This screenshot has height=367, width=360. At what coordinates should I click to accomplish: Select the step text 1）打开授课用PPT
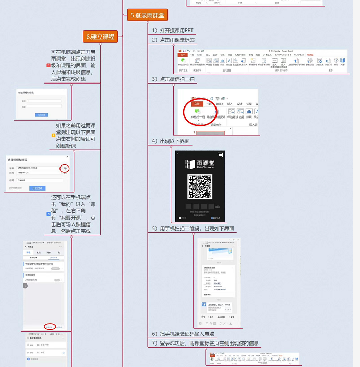(172, 30)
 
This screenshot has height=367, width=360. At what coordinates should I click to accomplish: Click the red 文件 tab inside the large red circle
(197, 103)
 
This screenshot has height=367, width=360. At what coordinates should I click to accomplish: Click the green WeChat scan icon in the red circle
(197, 111)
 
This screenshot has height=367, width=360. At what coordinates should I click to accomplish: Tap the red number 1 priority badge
(48, 65)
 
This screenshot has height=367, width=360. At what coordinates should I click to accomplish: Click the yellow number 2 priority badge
(53, 135)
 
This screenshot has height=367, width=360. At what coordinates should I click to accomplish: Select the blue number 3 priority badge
(48, 214)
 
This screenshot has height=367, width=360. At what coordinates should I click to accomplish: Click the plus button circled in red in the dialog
(65, 168)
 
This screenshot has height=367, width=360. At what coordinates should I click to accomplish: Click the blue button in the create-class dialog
(41, 114)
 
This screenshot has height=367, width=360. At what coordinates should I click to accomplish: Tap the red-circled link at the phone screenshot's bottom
(50, 327)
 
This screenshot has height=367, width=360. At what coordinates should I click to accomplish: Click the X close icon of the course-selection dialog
(67, 157)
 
